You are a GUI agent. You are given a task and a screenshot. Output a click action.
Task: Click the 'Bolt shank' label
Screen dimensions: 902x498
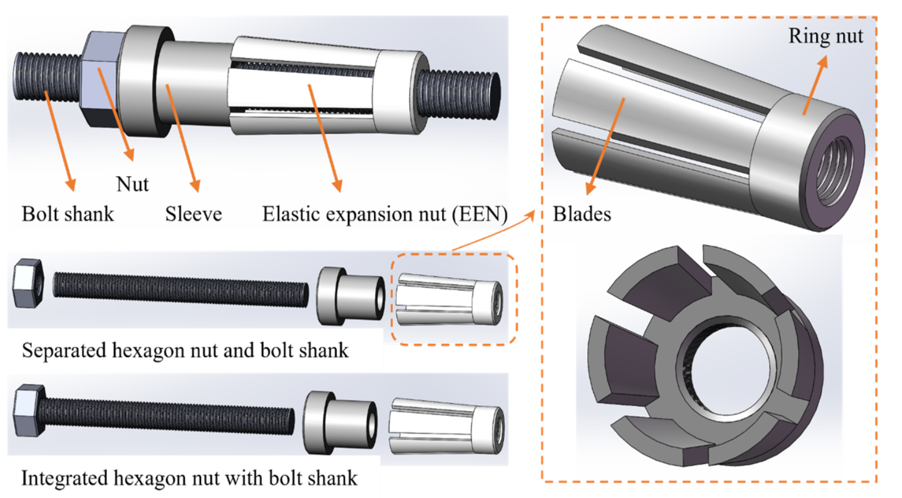coord(67,214)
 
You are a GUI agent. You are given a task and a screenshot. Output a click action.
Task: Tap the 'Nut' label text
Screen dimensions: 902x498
coord(132,184)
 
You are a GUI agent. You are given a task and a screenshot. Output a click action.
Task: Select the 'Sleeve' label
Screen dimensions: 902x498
coord(193,214)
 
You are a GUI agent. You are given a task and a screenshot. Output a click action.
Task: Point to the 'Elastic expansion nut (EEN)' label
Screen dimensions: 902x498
coord(385,214)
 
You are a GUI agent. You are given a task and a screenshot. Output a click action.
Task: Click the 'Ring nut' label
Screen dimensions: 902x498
coord(826,36)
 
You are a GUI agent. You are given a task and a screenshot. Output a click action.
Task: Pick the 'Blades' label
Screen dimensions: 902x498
coord(582,214)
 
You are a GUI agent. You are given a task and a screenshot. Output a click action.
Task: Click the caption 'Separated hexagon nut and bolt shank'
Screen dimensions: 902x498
coord(185,351)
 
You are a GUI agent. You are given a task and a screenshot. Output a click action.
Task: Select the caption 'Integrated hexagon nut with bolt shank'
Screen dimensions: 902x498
coord(189,478)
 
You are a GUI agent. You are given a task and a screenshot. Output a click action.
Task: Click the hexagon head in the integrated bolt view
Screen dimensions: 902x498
coord(29,410)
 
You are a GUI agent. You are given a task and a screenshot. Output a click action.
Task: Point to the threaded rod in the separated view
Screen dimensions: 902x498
coord(181,290)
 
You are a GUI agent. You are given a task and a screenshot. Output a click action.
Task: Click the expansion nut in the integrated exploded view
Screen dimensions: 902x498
coord(446,426)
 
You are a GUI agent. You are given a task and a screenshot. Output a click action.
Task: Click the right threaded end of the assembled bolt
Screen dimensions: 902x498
coord(459,95)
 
